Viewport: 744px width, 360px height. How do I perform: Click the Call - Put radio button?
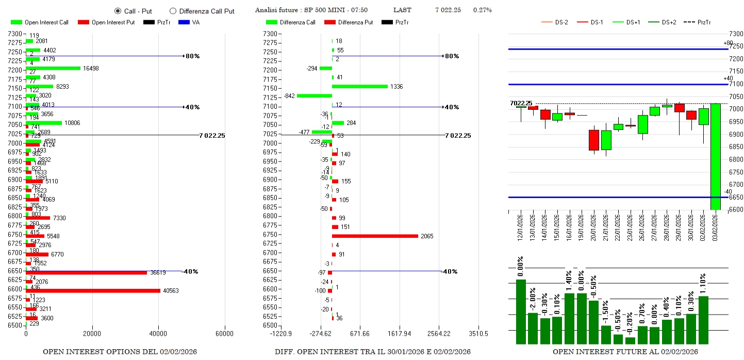click(118, 11)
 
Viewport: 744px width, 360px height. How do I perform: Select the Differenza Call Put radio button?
click(173, 11)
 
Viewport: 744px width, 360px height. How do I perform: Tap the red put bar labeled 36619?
click(86, 272)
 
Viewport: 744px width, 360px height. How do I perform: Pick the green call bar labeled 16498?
click(53, 68)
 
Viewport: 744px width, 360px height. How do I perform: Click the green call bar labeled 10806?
click(44, 123)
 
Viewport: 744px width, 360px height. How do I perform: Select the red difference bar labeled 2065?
click(375, 236)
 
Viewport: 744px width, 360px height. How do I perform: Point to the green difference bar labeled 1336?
click(360, 86)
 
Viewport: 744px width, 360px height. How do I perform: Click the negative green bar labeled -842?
click(315, 95)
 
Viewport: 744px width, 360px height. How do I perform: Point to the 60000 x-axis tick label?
click(224, 334)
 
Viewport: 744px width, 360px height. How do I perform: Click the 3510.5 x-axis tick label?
click(478, 334)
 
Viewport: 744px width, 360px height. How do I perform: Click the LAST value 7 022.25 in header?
click(448, 10)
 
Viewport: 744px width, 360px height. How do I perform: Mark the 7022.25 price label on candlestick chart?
click(521, 103)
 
